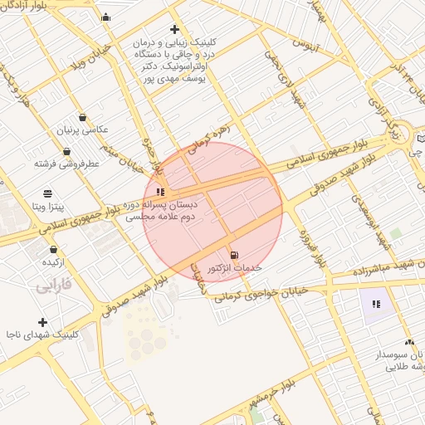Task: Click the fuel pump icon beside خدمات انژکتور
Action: tap(233, 254)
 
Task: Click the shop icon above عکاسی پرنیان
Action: tap(82, 117)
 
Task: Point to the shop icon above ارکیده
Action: tap(53, 249)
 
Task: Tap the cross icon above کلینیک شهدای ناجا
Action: tap(42, 322)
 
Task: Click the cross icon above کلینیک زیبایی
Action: tap(174, 30)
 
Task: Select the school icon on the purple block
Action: tap(377, 304)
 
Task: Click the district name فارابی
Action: tap(56, 286)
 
